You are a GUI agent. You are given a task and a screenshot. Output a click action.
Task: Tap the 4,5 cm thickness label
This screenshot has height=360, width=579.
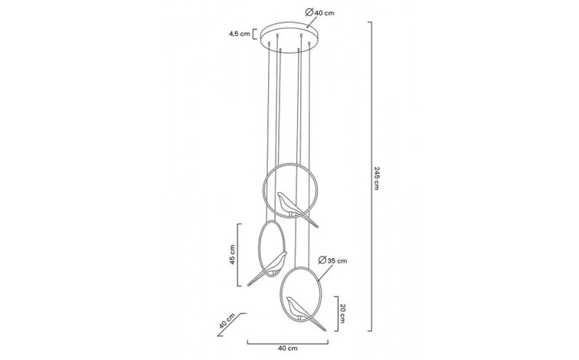click(240, 34)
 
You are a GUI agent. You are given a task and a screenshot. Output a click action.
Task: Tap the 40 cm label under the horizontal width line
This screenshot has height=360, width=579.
click(286, 349)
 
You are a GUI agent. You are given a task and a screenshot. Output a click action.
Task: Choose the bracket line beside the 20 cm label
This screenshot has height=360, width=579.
click(333, 311)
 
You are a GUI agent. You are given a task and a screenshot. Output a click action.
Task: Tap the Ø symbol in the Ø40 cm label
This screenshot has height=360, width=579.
click(307, 12)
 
